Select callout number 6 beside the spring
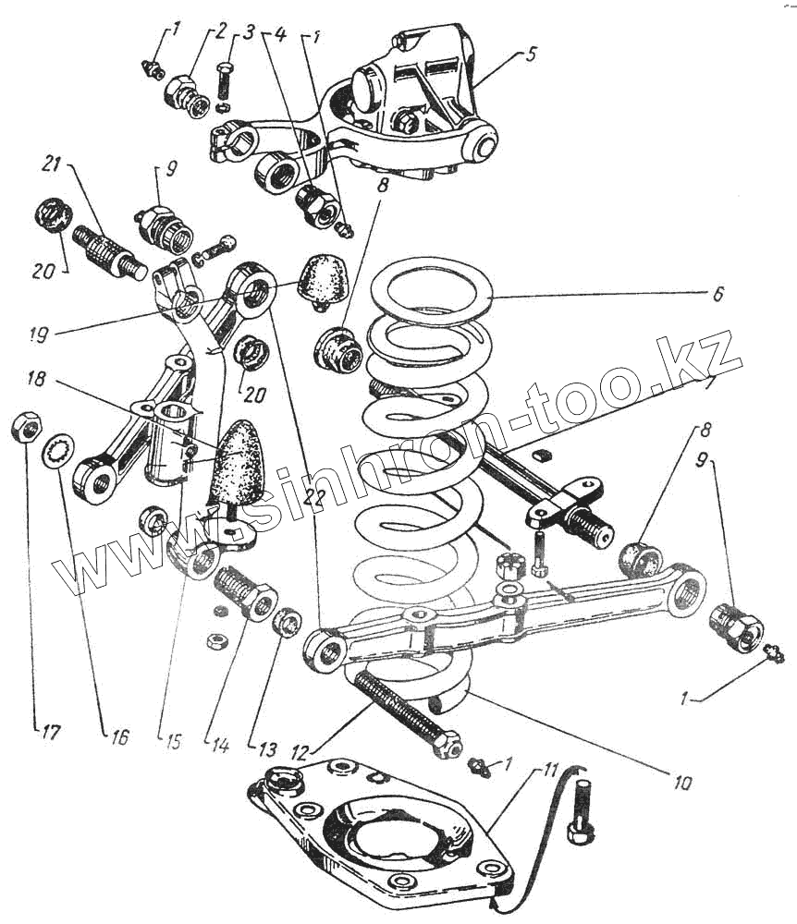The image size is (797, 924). [x=717, y=295]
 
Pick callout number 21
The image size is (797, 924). [x=51, y=165]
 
